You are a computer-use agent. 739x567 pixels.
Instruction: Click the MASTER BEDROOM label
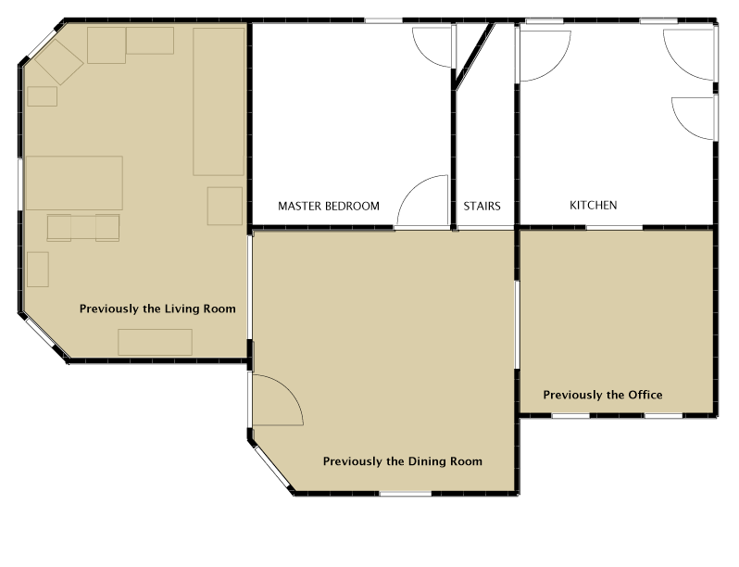click(329, 206)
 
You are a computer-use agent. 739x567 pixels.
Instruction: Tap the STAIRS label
click(482, 206)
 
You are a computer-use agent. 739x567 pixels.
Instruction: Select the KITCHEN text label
click(594, 205)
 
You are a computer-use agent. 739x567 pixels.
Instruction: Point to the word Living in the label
click(182, 309)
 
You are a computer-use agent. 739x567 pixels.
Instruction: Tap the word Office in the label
click(645, 395)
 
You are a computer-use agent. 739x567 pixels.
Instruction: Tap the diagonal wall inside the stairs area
click(473, 56)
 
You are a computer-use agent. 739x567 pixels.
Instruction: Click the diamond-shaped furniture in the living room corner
click(59, 62)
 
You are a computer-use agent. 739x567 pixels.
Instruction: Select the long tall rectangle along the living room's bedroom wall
click(219, 101)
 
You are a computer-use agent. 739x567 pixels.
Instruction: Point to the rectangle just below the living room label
click(155, 342)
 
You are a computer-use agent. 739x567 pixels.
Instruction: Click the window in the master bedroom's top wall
click(383, 20)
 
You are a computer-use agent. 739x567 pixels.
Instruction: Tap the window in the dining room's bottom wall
click(406, 494)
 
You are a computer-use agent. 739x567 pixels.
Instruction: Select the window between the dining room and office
click(517, 325)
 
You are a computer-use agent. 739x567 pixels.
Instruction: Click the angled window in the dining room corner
click(273, 467)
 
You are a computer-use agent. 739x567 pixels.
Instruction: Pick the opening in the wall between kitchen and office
click(614, 228)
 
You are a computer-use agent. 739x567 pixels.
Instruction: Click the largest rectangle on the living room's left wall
click(74, 183)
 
